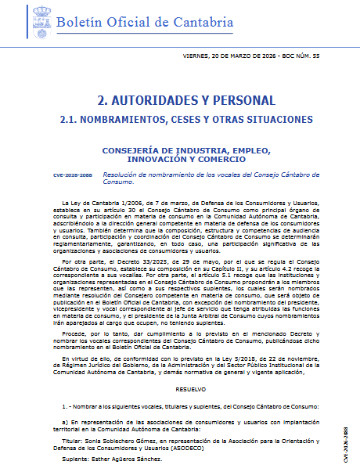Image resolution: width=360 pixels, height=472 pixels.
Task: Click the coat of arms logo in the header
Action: pyautogui.click(x=39, y=25)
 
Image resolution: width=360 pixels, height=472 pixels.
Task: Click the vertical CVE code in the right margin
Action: pyautogui.click(x=345, y=438)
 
